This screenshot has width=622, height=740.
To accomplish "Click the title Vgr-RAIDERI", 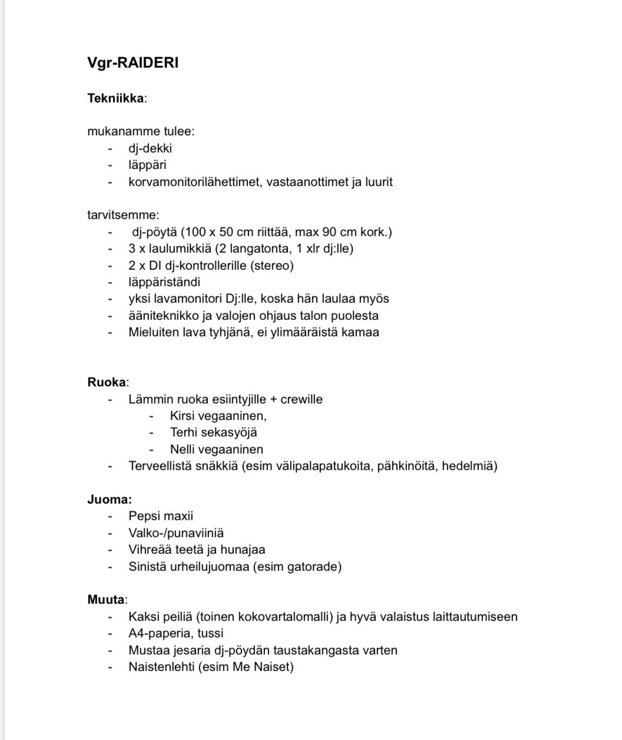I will click(133, 62).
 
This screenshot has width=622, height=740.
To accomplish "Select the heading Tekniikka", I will click(115, 98).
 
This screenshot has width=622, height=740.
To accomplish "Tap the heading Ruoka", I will click(107, 382).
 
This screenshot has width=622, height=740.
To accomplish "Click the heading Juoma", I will click(109, 500).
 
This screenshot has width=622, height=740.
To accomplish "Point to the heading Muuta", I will click(106, 600).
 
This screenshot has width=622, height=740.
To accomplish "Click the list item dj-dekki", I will click(150, 148).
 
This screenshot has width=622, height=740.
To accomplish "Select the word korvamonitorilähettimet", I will click(194, 181).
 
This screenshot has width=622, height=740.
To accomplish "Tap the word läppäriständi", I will click(164, 282).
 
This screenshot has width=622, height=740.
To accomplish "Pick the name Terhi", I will click(184, 432).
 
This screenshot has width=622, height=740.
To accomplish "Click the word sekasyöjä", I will click(229, 432).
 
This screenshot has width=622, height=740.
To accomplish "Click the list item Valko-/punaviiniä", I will click(176, 533).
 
